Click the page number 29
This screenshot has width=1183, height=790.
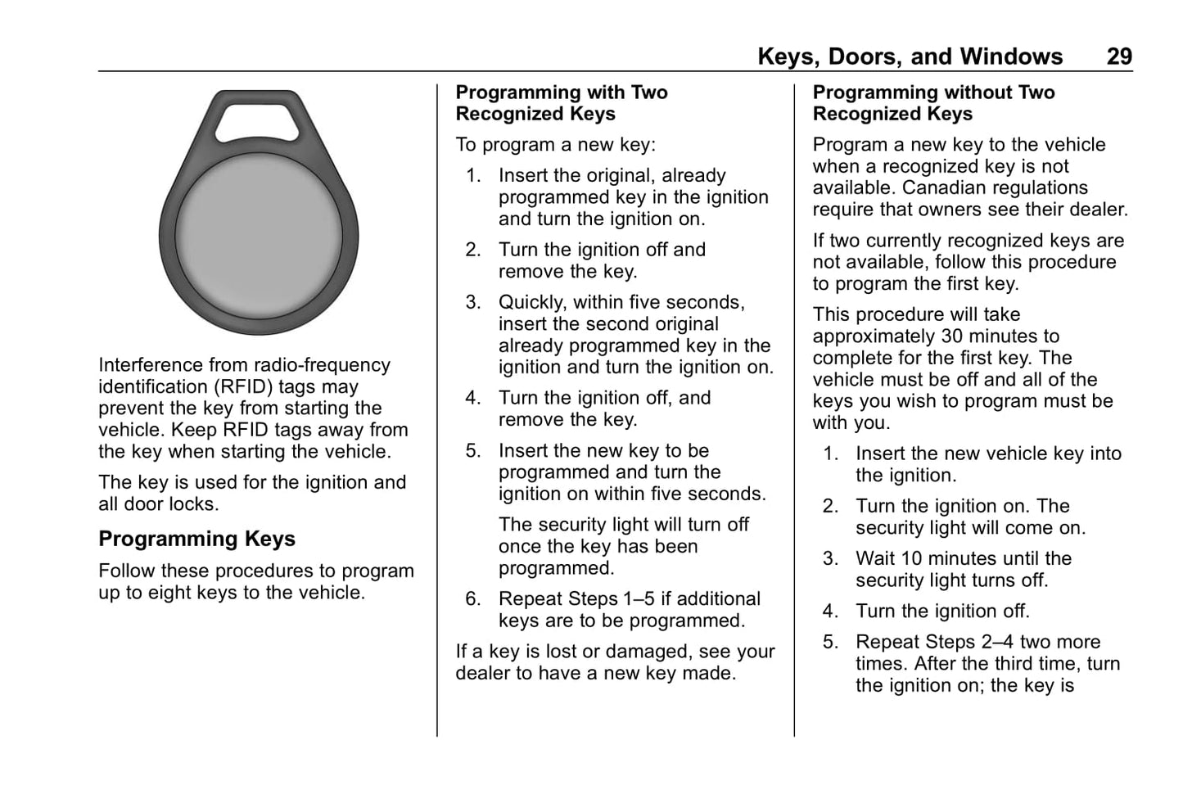(x=1119, y=56)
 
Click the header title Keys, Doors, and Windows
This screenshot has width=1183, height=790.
(x=910, y=56)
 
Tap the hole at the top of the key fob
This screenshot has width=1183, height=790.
(x=259, y=118)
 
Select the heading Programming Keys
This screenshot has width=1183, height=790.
(x=196, y=539)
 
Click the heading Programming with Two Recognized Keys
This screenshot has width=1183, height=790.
(x=562, y=103)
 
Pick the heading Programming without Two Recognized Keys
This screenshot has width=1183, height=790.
(x=933, y=103)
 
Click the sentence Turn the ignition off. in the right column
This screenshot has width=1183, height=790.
(x=942, y=612)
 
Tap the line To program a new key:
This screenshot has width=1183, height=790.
(x=556, y=145)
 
